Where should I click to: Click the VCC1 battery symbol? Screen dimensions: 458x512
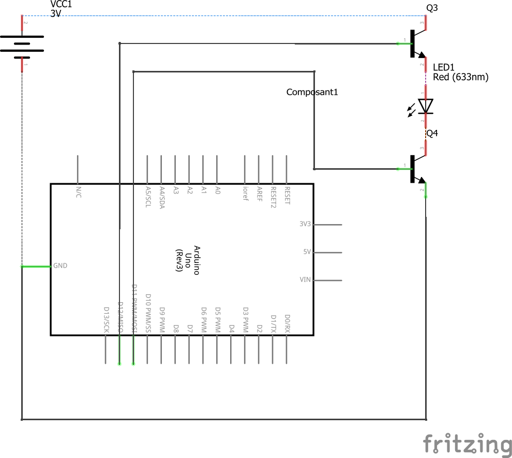click(x=22, y=43)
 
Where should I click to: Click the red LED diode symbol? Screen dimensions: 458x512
click(x=426, y=106)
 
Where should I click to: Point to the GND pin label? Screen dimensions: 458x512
click(x=60, y=266)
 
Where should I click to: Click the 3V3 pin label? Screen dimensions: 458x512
click(x=305, y=224)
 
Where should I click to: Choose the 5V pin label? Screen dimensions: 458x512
click(x=307, y=252)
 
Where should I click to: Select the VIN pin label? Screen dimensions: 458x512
click(x=305, y=280)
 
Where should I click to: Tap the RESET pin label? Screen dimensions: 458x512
click(x=287, y=196)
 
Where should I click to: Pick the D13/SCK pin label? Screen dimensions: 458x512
click(x=106, y=319)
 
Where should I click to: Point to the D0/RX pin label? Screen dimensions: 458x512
click(x=287, y=323)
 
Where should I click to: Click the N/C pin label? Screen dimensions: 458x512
click(x=78, y=193)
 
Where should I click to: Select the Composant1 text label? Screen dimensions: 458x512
click(x=312, y=92)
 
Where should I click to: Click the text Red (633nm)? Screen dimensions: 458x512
click(x=460, y=77)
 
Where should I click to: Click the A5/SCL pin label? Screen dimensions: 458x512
click(x=148, y=196)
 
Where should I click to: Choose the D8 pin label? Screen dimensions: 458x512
click(x=176, y=328)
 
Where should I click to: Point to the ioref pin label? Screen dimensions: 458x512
click(x=246, y=193)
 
